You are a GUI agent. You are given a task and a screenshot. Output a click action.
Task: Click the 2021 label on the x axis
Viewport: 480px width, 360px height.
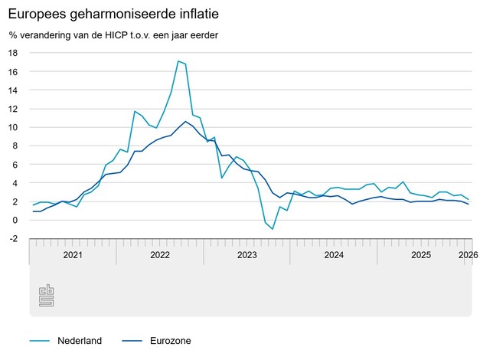click(73, 254)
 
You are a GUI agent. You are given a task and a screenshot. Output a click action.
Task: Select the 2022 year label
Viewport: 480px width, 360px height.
click(160, 254)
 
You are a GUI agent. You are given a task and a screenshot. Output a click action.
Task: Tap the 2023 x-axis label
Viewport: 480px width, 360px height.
click(247, 254)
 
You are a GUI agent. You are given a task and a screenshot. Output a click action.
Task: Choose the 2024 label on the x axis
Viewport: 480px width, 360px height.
click(334, 254)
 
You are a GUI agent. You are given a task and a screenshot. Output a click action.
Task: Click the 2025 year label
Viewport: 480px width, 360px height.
click(421, 254)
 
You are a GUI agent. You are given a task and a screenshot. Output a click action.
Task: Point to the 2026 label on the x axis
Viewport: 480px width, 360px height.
click(469, 254)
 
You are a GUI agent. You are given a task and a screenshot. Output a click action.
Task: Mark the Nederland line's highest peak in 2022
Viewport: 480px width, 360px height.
click(178, 61)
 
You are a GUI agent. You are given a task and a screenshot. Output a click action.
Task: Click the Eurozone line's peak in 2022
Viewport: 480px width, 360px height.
click(185, 121)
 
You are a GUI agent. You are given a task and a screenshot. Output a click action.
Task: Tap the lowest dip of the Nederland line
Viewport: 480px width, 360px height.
click(273, 229)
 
